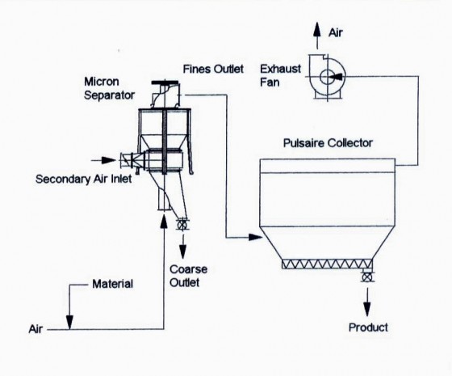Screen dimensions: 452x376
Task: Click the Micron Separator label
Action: [x=109, y=88]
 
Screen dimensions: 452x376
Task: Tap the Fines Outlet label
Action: [x=213, y=69]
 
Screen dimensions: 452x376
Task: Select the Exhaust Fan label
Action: [x=281, y=76]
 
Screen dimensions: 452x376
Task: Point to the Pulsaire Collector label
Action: [x=328, y=143]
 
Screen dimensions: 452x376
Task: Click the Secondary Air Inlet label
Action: [x=84, y=179]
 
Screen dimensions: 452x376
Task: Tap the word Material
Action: [x=113, y=284]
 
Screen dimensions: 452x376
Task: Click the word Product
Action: [x=368, y=327]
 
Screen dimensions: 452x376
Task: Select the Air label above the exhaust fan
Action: [x=336, y=32]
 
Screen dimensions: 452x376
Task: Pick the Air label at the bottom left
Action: [x=36, y=329]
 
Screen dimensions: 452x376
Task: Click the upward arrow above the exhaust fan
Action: [x=317, y=36]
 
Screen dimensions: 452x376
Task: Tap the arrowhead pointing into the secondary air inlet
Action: [x=109, y=160]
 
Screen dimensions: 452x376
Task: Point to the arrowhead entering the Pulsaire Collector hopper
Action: [x=255, y=238]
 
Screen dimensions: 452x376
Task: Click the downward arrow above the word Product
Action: [x=366, y=302]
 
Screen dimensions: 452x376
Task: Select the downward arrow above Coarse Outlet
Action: [x=182, y=247]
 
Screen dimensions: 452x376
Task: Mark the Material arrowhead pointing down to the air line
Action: [x=69, y=322]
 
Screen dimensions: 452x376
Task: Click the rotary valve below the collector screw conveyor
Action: [x=366, y=277]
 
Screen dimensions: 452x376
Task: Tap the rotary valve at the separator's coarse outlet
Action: [x=182, y=226]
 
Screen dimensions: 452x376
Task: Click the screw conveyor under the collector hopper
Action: [x=327, y=264]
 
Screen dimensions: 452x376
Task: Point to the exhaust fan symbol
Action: [x=327, y=77]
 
